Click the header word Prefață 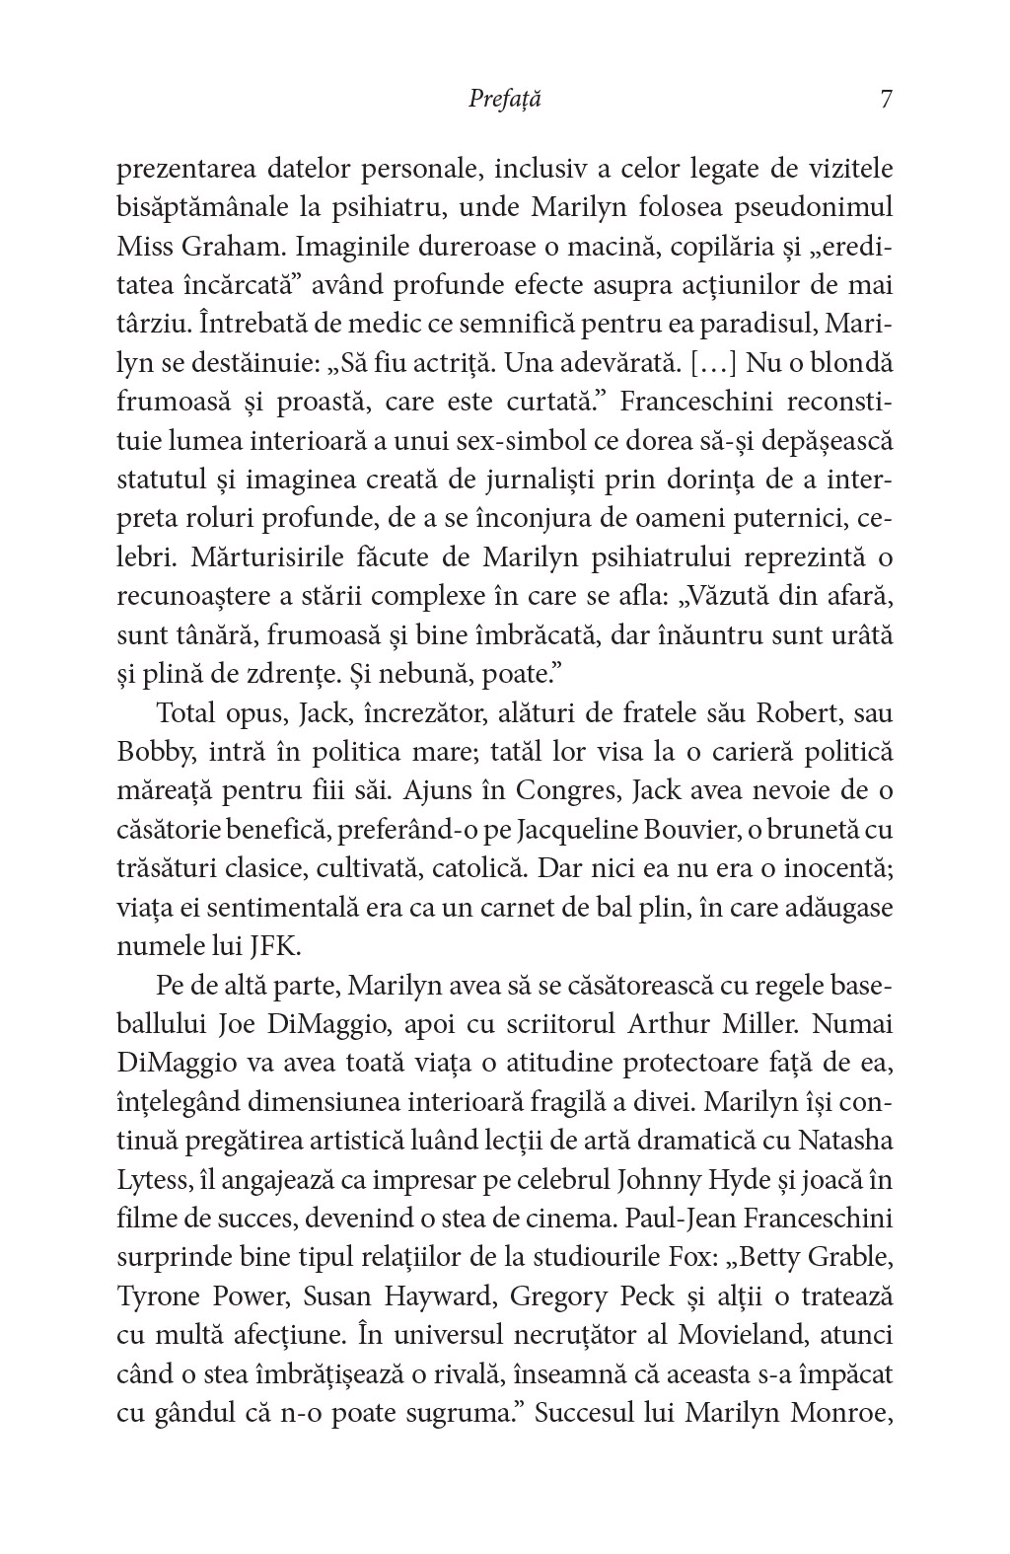click(x=504, y=100)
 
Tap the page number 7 click(x=885, y=100)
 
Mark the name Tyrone click(x=159, y=1295)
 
